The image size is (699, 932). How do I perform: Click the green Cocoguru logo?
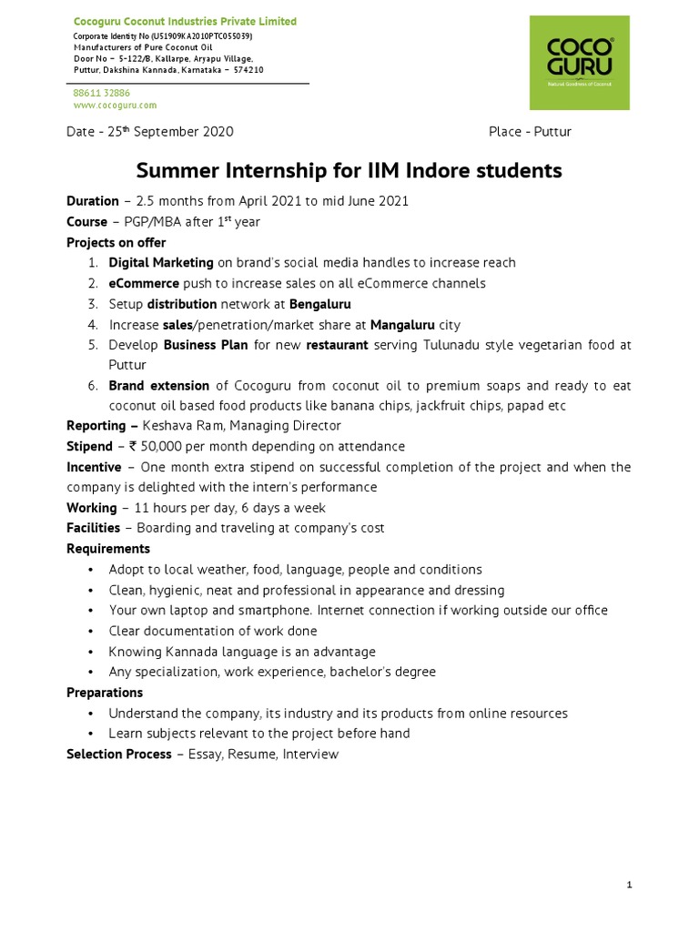coord(579,62)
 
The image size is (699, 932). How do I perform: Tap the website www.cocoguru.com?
coord(108,105)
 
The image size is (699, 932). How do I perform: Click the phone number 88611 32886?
coord(101,93)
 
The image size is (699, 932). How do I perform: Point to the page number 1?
coord(629,885)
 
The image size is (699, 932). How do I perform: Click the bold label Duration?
coord(92,200)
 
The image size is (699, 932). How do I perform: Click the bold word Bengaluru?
coord(319,304)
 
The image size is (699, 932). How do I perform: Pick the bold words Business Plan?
coord(205,345)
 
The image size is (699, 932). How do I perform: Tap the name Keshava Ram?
coord(180,425)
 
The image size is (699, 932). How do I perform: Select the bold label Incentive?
coord(94,467)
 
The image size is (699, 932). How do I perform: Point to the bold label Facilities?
coord(93,528)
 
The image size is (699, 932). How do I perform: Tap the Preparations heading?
coord(105,693)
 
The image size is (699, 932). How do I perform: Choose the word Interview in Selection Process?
coord(311,754)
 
